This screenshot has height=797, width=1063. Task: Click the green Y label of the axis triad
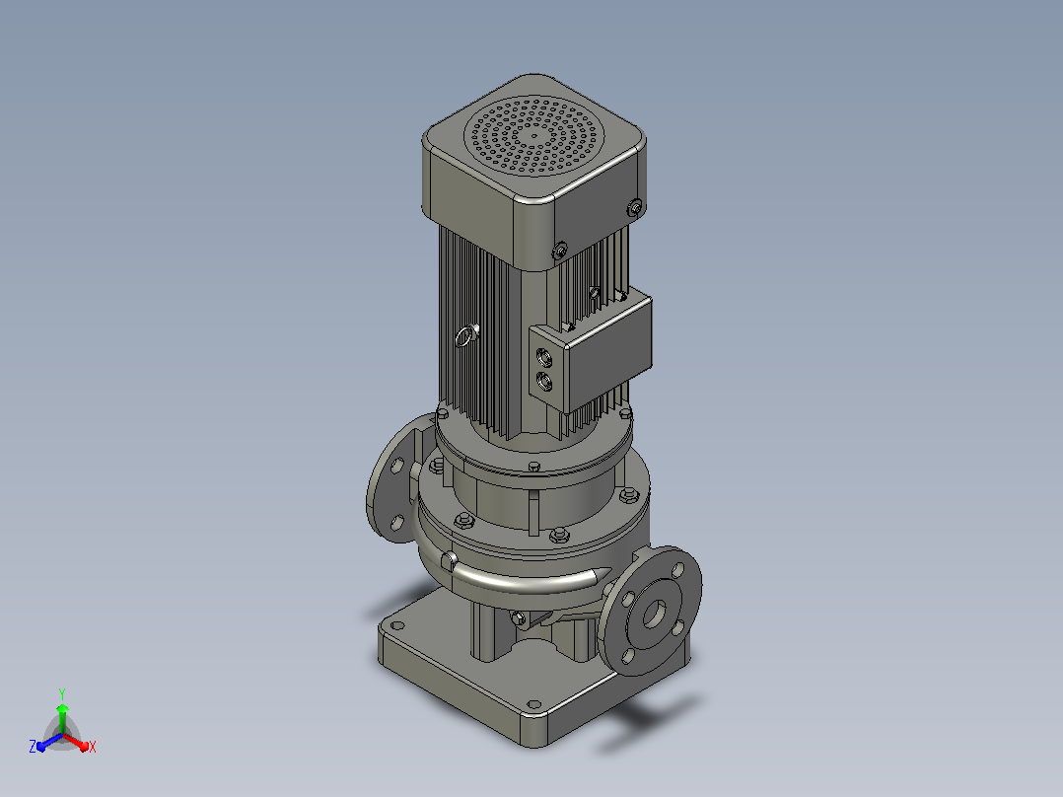click(62, 694)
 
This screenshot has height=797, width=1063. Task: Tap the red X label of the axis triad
click(93, 747)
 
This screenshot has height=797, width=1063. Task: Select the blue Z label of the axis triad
click(33, 746)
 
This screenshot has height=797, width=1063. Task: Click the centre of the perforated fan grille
click(534, 136)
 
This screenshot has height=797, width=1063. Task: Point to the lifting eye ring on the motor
click(465, 335)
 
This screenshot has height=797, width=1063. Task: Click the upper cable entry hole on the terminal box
click(544, 356)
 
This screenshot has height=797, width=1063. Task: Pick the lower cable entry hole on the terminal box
click(544, 381)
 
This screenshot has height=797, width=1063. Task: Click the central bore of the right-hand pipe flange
click(654, 614)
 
